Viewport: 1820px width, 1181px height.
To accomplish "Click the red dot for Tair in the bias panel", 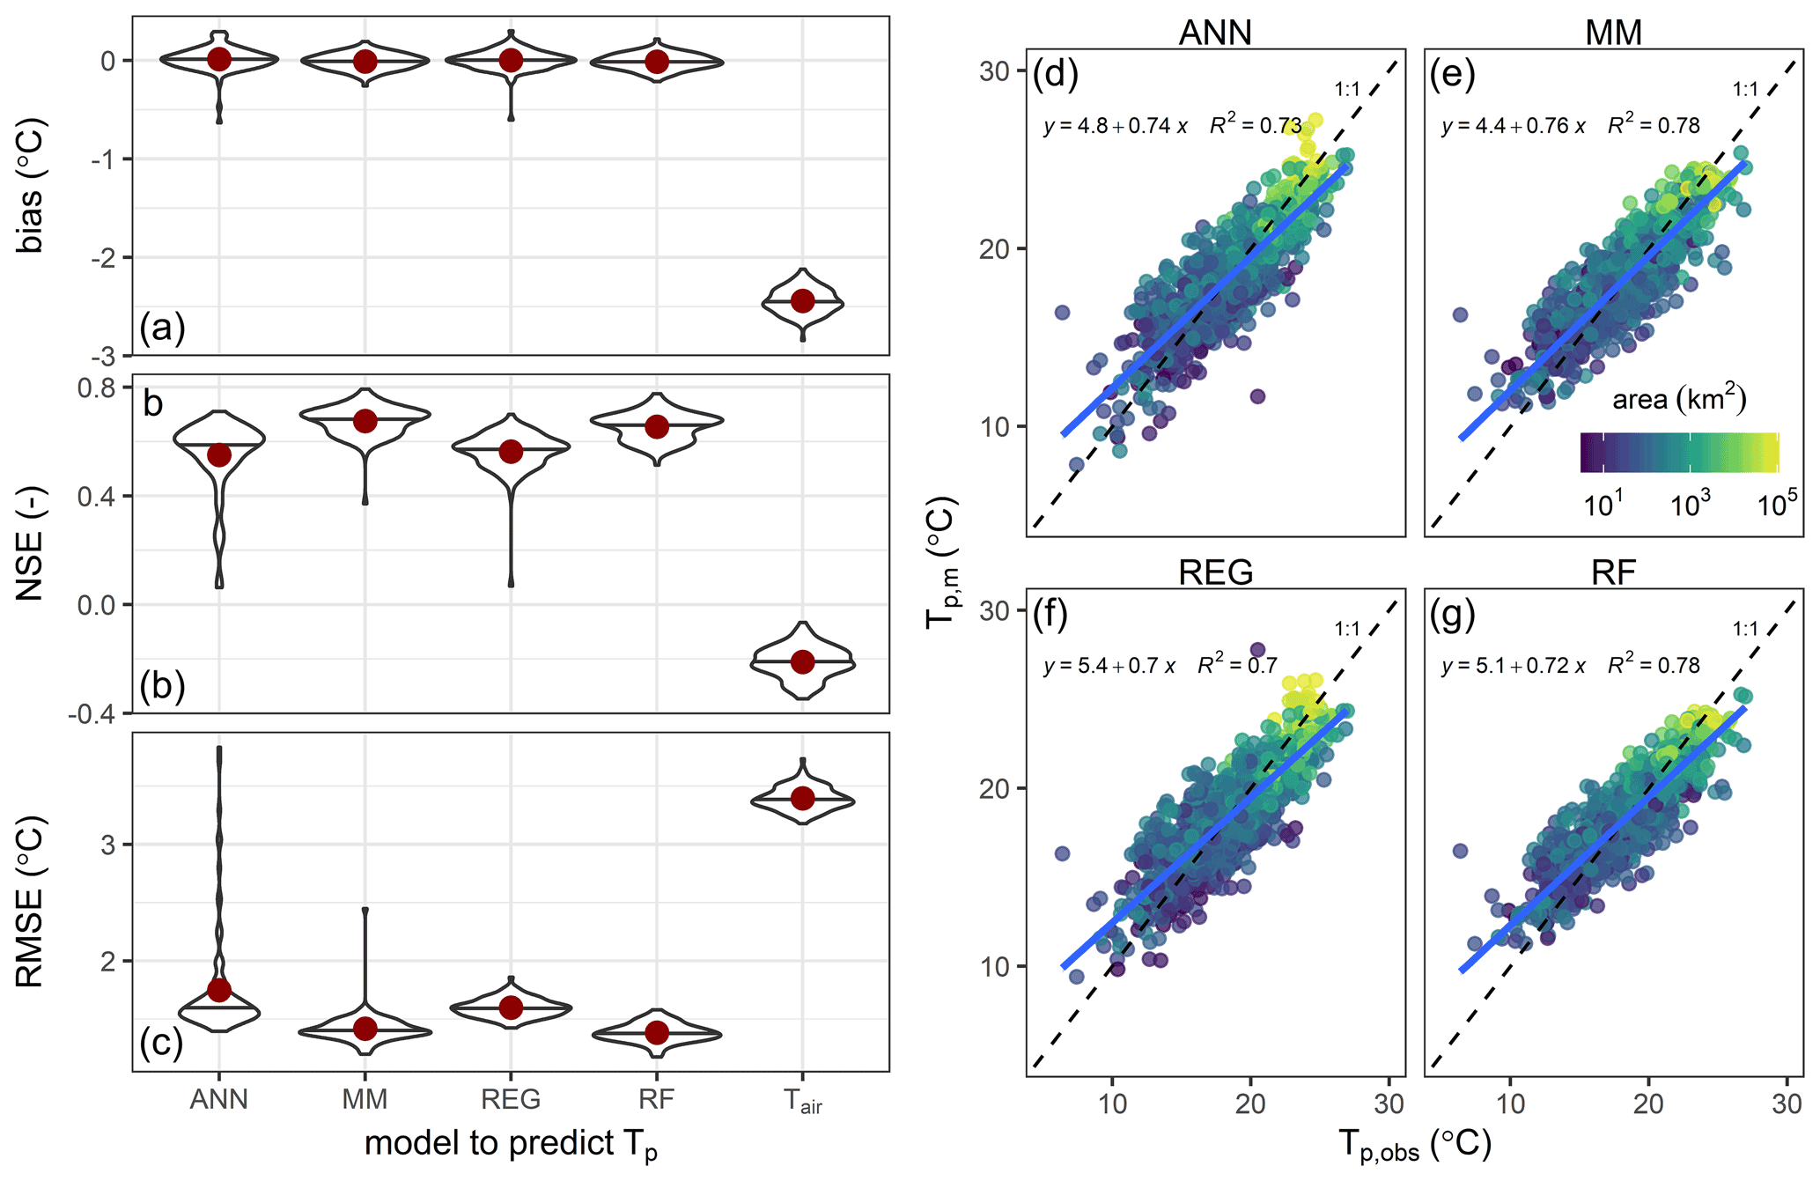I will click(x=802, y=301).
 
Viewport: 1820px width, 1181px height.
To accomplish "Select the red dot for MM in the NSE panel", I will click(x=365, y=421).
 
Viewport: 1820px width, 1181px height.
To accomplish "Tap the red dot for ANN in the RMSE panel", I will click(x=219, y=990).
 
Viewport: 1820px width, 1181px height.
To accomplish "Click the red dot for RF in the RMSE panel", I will click(x=656, y=1032).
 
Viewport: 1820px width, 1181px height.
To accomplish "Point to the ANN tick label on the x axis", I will click(x=219, y=1100).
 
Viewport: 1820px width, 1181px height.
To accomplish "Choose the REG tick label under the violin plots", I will click(x=511, y=1100).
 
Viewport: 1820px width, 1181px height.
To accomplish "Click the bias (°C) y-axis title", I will click(x=31, y=186).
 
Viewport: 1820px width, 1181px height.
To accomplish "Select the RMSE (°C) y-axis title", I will click(x=31, y=903).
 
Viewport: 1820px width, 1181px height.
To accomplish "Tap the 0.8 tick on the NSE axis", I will click(x=96, y=388).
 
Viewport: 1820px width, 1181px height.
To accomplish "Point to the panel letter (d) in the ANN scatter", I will click(x=1055, y=75).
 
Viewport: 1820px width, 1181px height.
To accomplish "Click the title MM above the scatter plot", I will click(x=1613, y=33).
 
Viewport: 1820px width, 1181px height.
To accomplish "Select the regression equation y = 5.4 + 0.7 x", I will click(x=1109, y=666).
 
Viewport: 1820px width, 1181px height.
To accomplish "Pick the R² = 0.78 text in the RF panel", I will click(x=1654, y=666).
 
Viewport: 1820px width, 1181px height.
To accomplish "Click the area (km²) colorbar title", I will click(x=1679, y=399).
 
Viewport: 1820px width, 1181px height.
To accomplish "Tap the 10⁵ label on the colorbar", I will click(x=1777, y=505).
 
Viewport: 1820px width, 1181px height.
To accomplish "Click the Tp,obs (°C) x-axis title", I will click(x=1415, y=1146).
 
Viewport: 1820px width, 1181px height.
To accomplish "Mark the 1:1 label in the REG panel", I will click(x=1347, y=629).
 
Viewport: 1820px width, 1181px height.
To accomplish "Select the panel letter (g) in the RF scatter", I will click(x=1452, y=615).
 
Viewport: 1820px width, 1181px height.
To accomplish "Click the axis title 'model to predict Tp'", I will click(x=511, y=1144).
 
